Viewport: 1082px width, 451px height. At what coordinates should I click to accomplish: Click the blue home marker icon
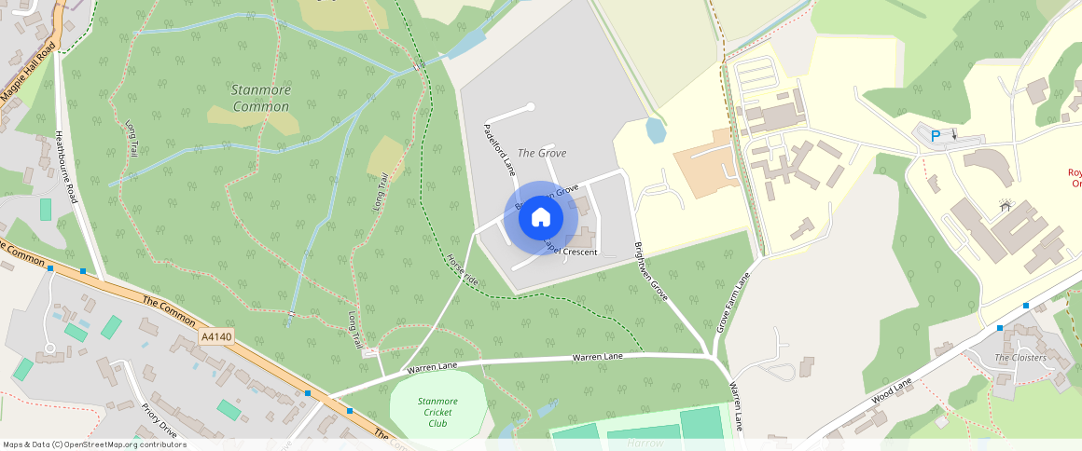540,217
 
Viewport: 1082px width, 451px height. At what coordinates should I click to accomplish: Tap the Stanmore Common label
260,98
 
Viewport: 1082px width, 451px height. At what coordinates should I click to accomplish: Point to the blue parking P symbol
936,136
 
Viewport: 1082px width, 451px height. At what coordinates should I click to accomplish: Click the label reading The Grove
541,153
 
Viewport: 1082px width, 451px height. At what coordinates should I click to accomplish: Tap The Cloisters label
1020,358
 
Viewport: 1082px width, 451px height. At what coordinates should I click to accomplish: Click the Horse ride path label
462,269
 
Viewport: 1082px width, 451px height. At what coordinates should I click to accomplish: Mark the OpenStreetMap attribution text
94,444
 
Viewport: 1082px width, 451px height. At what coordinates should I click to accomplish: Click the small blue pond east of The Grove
656,130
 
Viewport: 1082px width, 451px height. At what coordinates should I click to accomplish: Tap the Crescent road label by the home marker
571,252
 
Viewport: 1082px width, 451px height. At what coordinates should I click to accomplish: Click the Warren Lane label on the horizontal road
597,357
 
